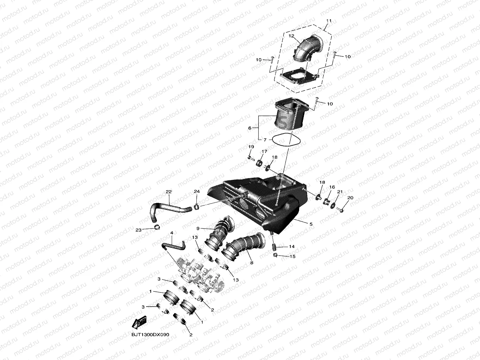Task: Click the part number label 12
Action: coord(291,35)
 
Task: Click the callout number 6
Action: coord(250,128)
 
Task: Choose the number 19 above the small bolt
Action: coord(251,147)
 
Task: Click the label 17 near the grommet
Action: coord(264,151)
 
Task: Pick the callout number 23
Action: coord(138,230)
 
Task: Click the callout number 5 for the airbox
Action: coord(311,224)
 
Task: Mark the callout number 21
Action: coord(340,192)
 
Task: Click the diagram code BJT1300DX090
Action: coord(150,335)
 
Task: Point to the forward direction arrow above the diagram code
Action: coord(139,323)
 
